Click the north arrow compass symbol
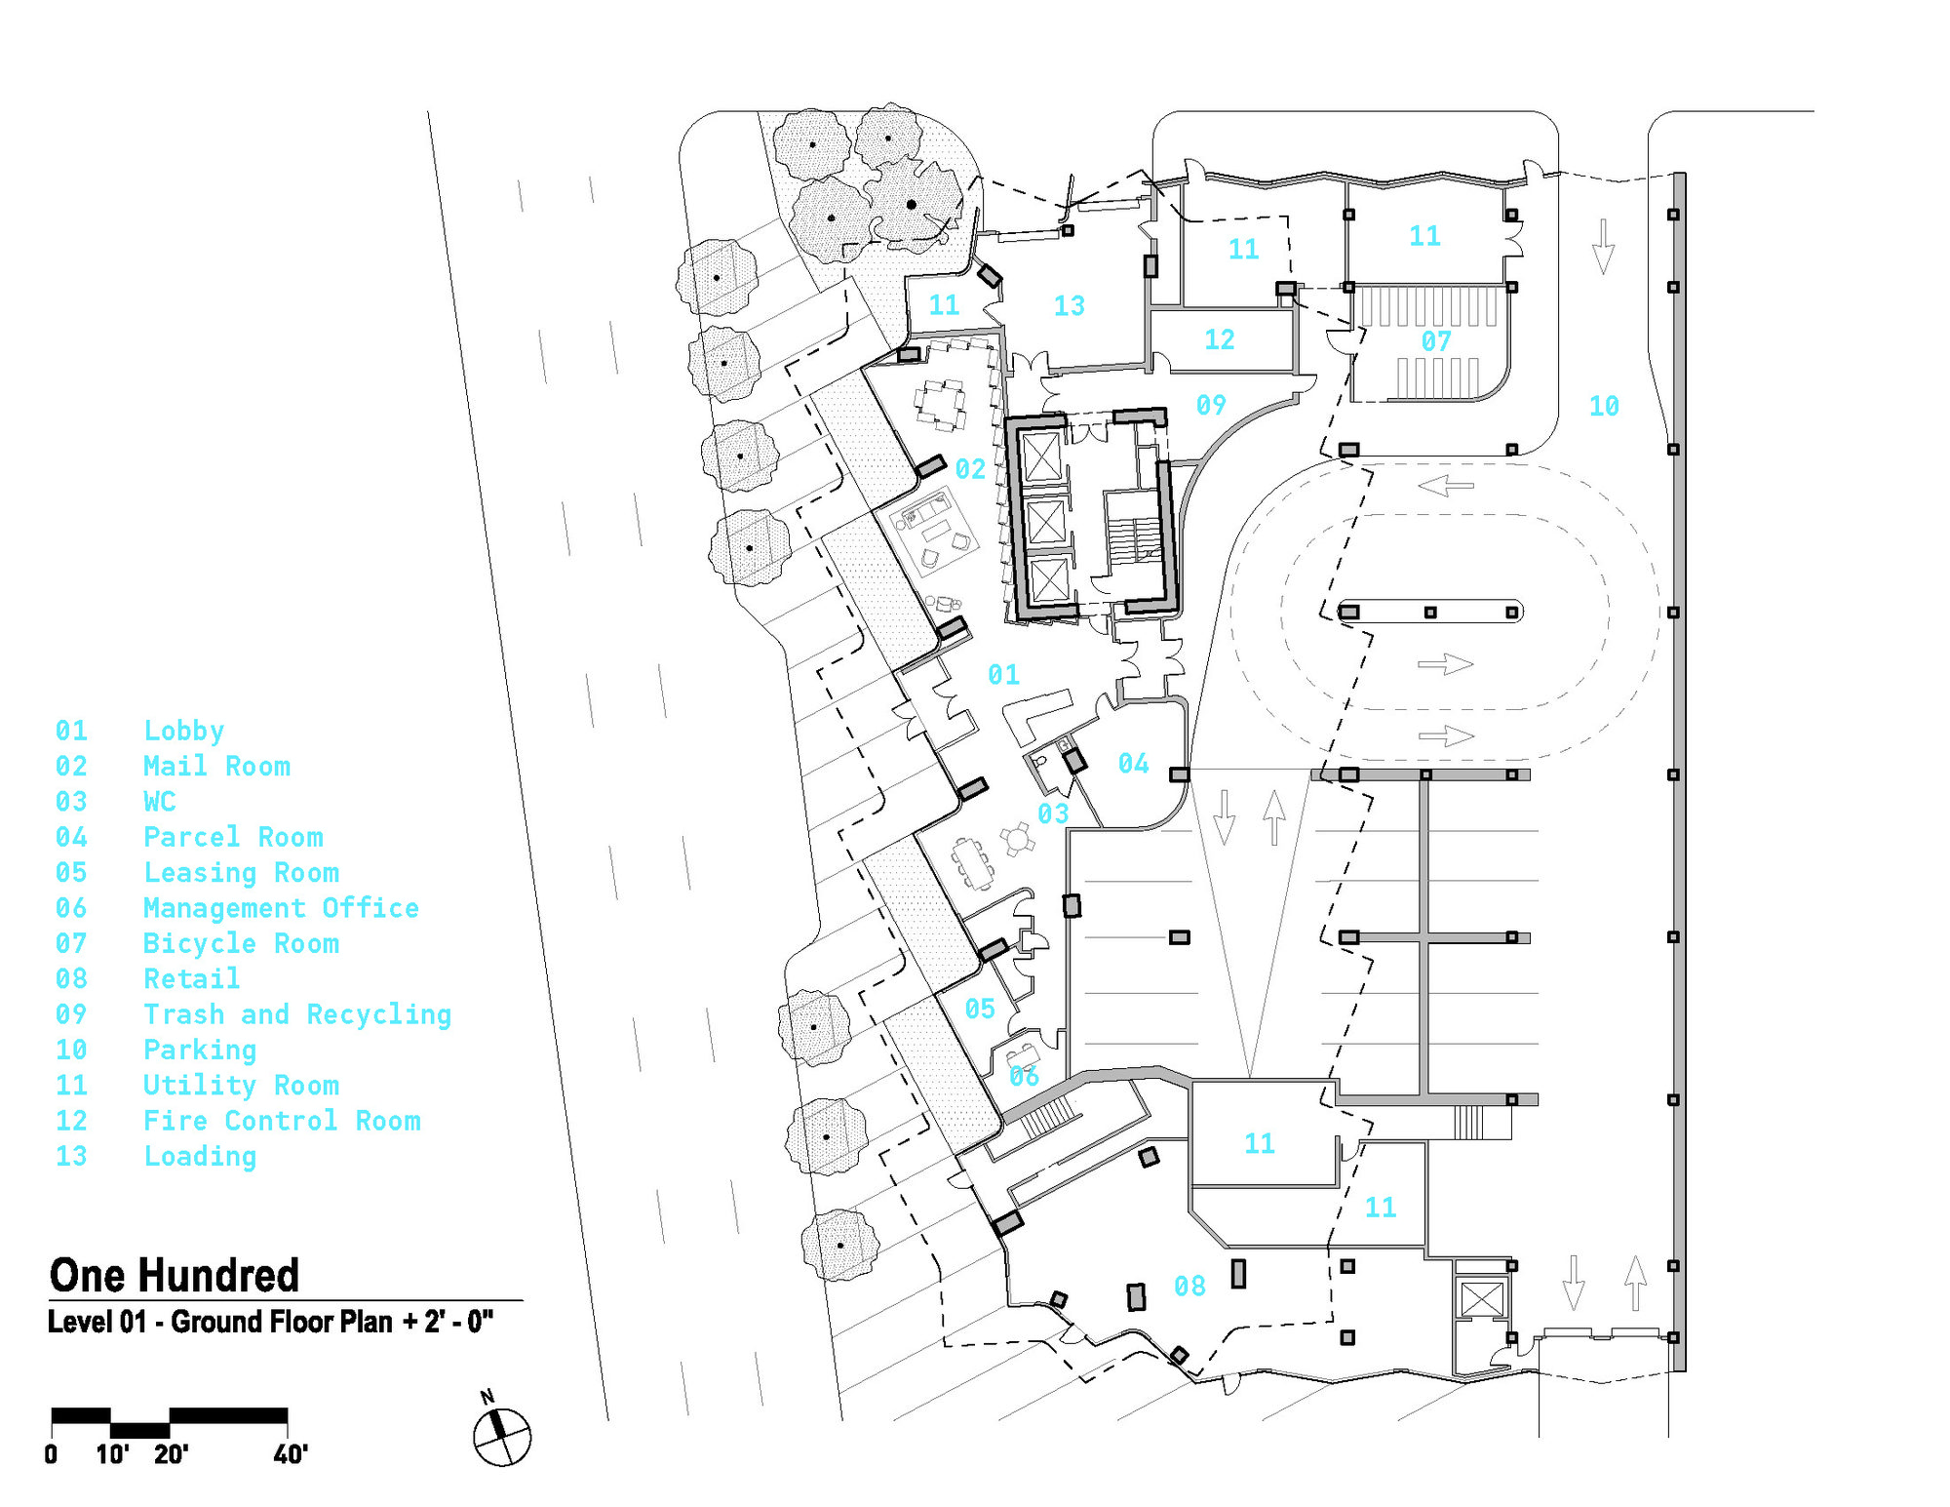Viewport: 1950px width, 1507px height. [501, 1436]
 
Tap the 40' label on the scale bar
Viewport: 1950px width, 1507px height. [291, 1454]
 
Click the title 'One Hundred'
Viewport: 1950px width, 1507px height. [175, 1275]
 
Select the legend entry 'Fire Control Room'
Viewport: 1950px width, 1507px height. [282, 1121]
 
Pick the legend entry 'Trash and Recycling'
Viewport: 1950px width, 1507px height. [297, 1014]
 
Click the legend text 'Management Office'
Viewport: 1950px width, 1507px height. [281, 908]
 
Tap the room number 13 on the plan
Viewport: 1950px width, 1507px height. [1069, 305]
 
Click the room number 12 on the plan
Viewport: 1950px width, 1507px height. [1219, 339]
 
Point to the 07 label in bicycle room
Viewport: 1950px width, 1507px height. [1435, 341]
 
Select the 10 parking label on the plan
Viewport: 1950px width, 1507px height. [1604, 406]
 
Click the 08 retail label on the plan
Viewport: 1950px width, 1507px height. [1189, 1287]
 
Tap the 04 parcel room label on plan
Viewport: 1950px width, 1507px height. [1133, 764]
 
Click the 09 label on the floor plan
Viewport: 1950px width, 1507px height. [1211, 405]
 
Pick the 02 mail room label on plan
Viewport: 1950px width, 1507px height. [970, 469]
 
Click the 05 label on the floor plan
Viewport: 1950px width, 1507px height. [980, 1009]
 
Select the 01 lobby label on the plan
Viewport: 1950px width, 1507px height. [1003, 674]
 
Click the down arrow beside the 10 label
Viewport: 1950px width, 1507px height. [1603, 247]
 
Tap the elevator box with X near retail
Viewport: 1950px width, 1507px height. [1482, 1299]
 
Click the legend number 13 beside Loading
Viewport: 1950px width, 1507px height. [71, 1156]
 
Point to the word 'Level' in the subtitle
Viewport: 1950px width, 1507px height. [80, 1323]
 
